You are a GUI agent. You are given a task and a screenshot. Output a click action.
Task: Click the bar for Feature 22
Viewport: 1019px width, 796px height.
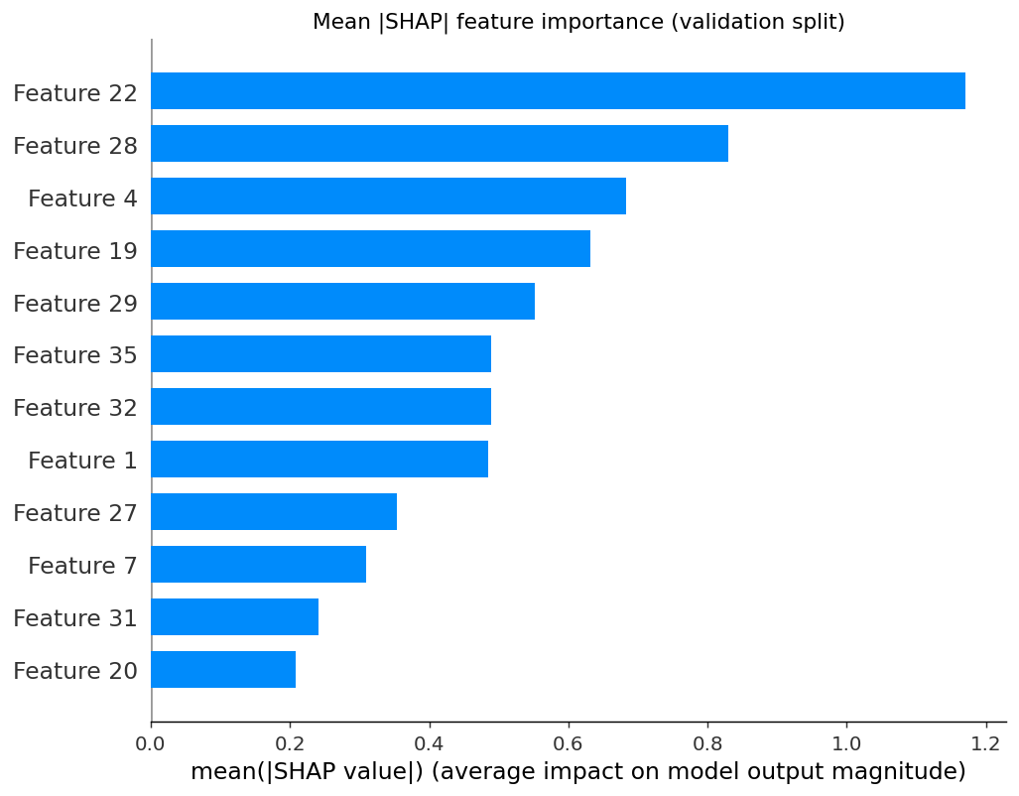coord(559,90)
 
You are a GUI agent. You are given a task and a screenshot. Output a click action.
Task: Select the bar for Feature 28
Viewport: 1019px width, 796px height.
coord(440,143)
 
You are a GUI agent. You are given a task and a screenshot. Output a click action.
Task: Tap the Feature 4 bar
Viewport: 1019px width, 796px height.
coord(389,196)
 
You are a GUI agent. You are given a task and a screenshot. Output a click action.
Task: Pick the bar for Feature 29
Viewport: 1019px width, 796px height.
coord(343,301)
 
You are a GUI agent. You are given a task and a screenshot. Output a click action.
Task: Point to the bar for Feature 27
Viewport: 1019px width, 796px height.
coord(274,512)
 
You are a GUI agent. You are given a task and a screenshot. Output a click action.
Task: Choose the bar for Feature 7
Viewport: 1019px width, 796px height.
coord(259,565)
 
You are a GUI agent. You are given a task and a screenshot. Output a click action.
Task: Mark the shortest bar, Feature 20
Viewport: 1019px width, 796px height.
coord(223,669)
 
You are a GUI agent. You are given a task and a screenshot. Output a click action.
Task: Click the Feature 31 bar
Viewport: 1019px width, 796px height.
coord(235,616)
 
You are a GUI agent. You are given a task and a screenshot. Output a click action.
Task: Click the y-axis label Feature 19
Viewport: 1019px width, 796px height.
coord(75,251)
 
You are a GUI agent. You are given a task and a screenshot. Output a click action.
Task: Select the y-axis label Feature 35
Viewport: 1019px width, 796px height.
coord(75,355)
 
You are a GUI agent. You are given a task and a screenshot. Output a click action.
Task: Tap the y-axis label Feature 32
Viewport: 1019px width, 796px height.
coord(75,408)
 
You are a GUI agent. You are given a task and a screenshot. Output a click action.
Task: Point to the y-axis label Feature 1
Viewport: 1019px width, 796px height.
coord(82,461)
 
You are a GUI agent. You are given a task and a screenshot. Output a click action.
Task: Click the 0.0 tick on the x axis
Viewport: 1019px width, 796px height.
coord(150,743)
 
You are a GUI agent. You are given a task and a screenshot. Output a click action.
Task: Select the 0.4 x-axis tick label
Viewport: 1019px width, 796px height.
coord(429,743)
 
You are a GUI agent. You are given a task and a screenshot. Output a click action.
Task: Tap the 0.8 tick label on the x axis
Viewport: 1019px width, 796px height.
coord(707,743)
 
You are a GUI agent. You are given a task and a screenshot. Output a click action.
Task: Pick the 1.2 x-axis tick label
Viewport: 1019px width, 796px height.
coord(986,743)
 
